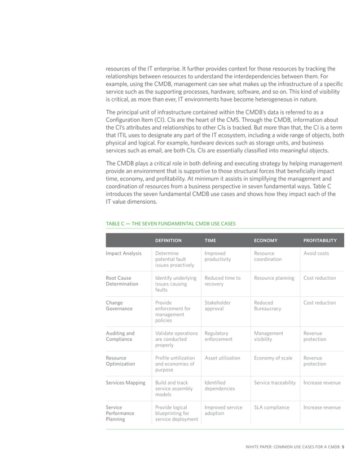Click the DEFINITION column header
pos(168,240)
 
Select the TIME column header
pos(210,240)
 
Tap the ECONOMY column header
pos(265,240)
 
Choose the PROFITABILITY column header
pos(320,240)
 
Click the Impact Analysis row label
pos(124,254)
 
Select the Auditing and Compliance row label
pos(120,337)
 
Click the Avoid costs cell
pos(317,254)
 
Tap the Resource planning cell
pos(274,278)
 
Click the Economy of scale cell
pos(273,358)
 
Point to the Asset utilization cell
pos(222,358)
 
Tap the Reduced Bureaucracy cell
pos(267,306)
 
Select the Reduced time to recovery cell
pos(222,281)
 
